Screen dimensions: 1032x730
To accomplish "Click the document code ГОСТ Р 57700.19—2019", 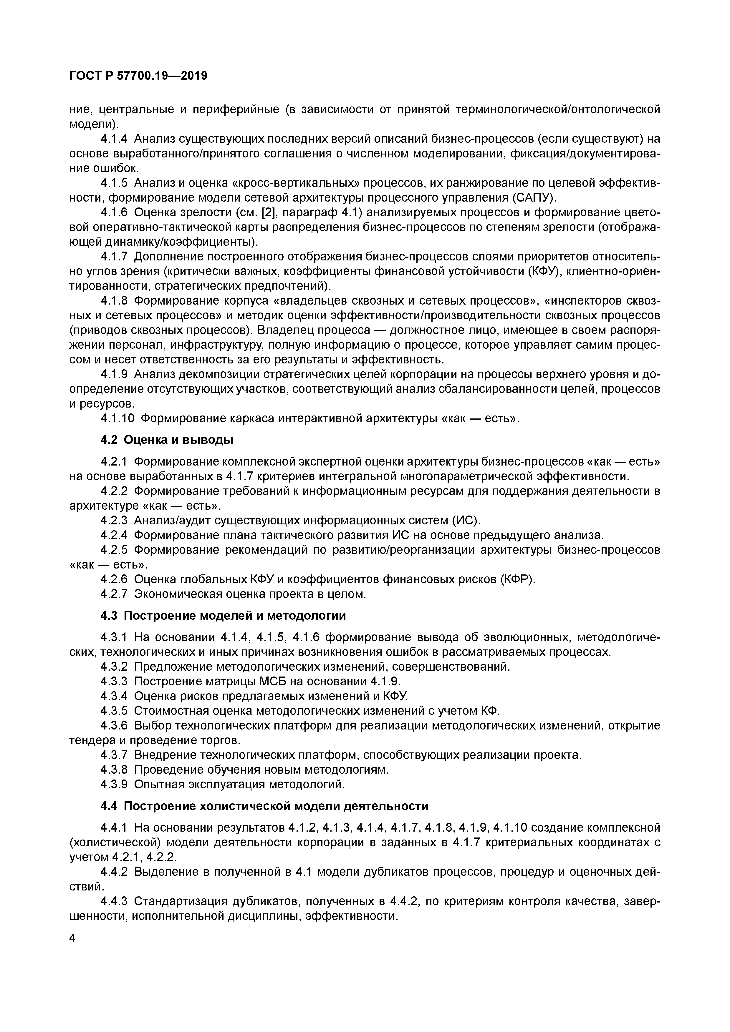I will click(138, 76).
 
